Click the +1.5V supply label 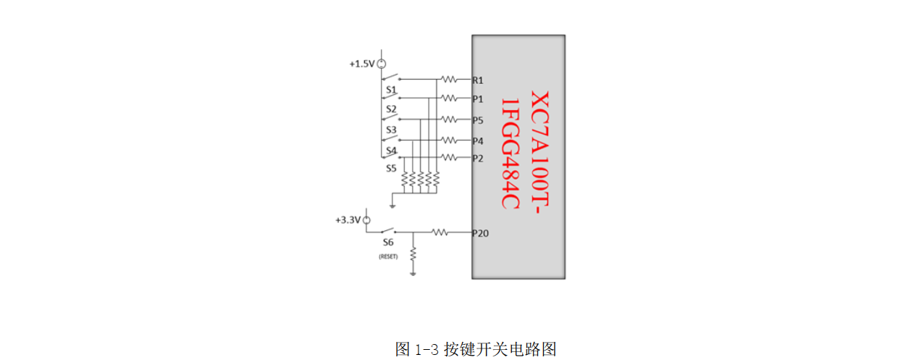362,64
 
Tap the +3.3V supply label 348,219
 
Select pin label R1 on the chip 478,80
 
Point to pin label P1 478,99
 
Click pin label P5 478,120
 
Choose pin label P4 478,141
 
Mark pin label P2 478,158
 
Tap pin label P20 480,233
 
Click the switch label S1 391,91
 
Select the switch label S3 391,130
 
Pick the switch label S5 391,168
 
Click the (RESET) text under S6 388,256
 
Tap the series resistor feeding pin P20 440,233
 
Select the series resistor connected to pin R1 450,79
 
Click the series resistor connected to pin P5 450,120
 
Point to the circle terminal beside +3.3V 366,219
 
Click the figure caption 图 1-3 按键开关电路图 476,349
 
